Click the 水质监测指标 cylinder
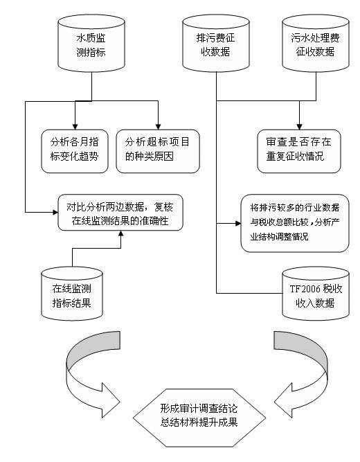[x=90, y=46]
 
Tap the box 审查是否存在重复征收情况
[x=299, y=149]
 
